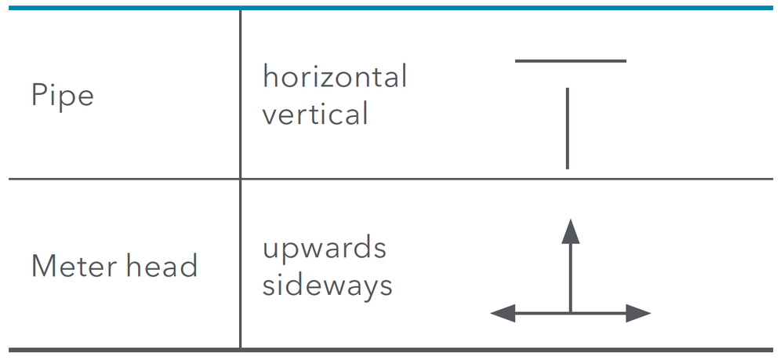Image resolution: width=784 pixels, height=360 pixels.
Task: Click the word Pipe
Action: pyautogui.click(x=63, y=96)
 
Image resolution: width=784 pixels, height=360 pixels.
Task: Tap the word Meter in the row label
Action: pyautogui.click(x=74, y=266)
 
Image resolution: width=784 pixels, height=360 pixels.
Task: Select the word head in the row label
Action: pyautogui.click(x=162, y=265)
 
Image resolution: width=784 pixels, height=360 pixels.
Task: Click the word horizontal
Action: pyautogui.click(x=335, y=77)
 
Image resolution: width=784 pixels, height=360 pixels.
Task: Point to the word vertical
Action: pyautogui.click(x=315, y=114)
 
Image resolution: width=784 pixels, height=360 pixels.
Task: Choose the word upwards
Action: pyautogui.click(x=325, y=249)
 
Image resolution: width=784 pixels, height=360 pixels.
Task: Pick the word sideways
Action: pyautogui.click(x=328, y=285)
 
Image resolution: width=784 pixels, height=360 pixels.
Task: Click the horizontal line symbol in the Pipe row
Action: pyautogui.click(x=571, y=61)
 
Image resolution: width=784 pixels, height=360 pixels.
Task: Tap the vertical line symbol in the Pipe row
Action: pyautogui.click(x=568, y=129)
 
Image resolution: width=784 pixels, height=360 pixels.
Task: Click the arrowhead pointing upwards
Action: pyautogui.click(x=571, y=231)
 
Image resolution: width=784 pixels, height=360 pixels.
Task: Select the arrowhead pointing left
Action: pyautogui.click(x=503, y=314)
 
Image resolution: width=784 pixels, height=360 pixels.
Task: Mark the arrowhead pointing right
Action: pyautogui.click(x=638, y=314)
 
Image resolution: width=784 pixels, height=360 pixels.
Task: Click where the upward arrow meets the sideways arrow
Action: pyautogui.click(x=571, y=314)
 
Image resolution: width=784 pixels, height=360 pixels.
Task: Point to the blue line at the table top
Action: pyautogui.click(x=391, y=8)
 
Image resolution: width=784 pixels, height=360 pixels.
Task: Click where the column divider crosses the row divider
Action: pyautogui.click(x=241, y=179)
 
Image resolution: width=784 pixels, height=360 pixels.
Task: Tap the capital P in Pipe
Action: pyautogui.click(x=39, y=95)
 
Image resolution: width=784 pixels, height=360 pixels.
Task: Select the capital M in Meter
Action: pyautogui.click(x=43, y=266)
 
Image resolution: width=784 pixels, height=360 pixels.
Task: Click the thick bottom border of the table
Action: pyautogui.click(x=391, y=350)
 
